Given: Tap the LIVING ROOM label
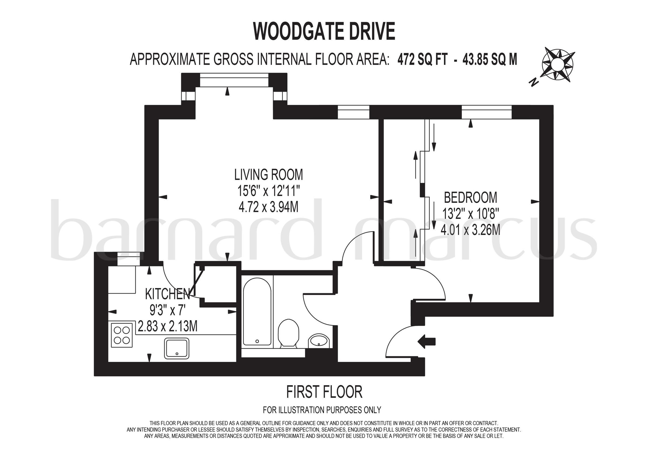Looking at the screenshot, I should [x=268, y=175].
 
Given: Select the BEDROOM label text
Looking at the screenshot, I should [x=471, y=197].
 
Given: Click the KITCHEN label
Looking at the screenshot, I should [x=167, y=294].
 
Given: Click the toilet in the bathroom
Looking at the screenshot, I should [x=288, y=333].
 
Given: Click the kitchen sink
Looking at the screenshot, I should [x=177, y=348].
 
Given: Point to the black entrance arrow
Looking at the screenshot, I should [x=426, y=342].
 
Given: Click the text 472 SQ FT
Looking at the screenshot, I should [x=423, y=60].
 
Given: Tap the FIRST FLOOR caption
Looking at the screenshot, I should [x=324, y=392].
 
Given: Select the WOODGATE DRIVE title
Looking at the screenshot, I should [x=324, y=32].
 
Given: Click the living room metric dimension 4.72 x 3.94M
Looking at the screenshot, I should [x=268, y=208].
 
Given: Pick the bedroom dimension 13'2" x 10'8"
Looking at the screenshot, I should [x=471, y=214].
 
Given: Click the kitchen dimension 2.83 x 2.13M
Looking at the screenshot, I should [x=167, y=327].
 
